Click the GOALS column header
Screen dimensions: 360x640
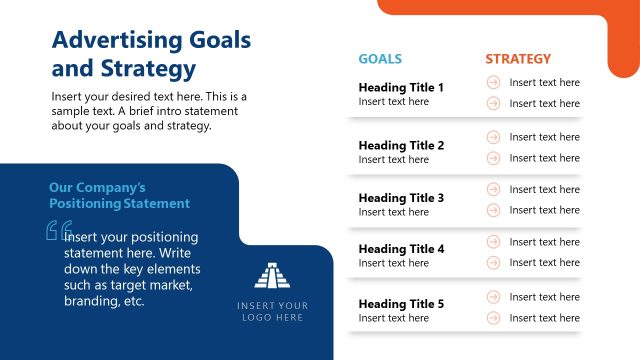tap(380, 59)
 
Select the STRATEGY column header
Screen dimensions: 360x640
tap(518, 59)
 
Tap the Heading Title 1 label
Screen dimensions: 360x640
tap(401, 87)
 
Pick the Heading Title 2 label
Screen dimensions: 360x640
tap(401, 145)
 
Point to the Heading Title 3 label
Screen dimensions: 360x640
tap(401, 198)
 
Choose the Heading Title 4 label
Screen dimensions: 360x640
tap(401, 249)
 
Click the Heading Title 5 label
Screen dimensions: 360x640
tap(401, 304)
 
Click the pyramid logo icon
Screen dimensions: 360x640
tap(273, 275)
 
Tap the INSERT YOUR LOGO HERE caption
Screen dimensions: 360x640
tap(273, 311)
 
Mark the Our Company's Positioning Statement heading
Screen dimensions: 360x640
tap(119, 195)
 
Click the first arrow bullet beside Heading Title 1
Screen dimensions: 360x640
tap(493, 82)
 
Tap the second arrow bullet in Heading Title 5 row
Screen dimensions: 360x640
tap(493, 318)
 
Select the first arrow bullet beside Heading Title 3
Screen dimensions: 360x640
tap(493, 189)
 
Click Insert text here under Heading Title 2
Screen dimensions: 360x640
tap(393, 160)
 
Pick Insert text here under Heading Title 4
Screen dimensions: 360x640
tap(393, 263)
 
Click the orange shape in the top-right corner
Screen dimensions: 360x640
tap(600, 25)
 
